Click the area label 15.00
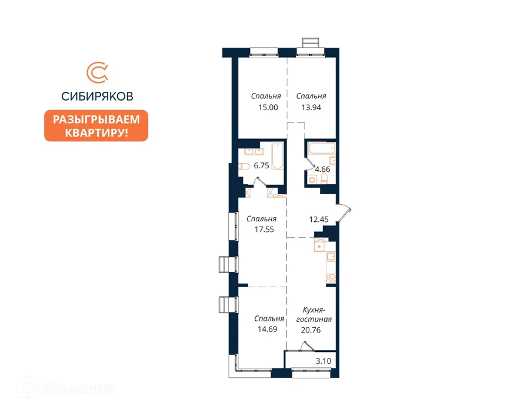point(268,108)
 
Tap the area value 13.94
point(311,108)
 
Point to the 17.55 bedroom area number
point(264,230)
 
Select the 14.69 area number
point(268,329)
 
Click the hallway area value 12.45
point(319,220)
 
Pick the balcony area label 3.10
point(323,361)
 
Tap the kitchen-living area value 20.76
point(311,330)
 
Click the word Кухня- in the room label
point(314,310)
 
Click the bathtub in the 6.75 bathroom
point(278,155)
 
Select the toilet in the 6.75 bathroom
point(244,166)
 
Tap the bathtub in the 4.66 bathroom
point(322,148)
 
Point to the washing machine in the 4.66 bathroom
point(312,180)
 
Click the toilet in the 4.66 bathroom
point(324,179)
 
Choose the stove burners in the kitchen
point(331,278)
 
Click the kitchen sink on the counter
point(331,257)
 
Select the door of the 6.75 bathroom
point(260,182)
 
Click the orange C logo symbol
point(98,72)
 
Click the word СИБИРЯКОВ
point(97,97)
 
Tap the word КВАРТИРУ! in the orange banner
point(96,132)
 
